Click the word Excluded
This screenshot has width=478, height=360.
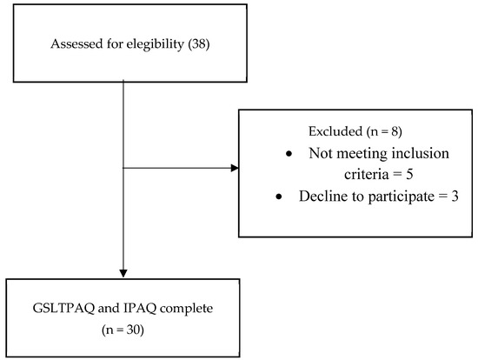(x=335, y=130)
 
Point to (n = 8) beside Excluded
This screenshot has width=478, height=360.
(x=382, y=130)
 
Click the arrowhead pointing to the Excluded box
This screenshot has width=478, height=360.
(x=235, y=169)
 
